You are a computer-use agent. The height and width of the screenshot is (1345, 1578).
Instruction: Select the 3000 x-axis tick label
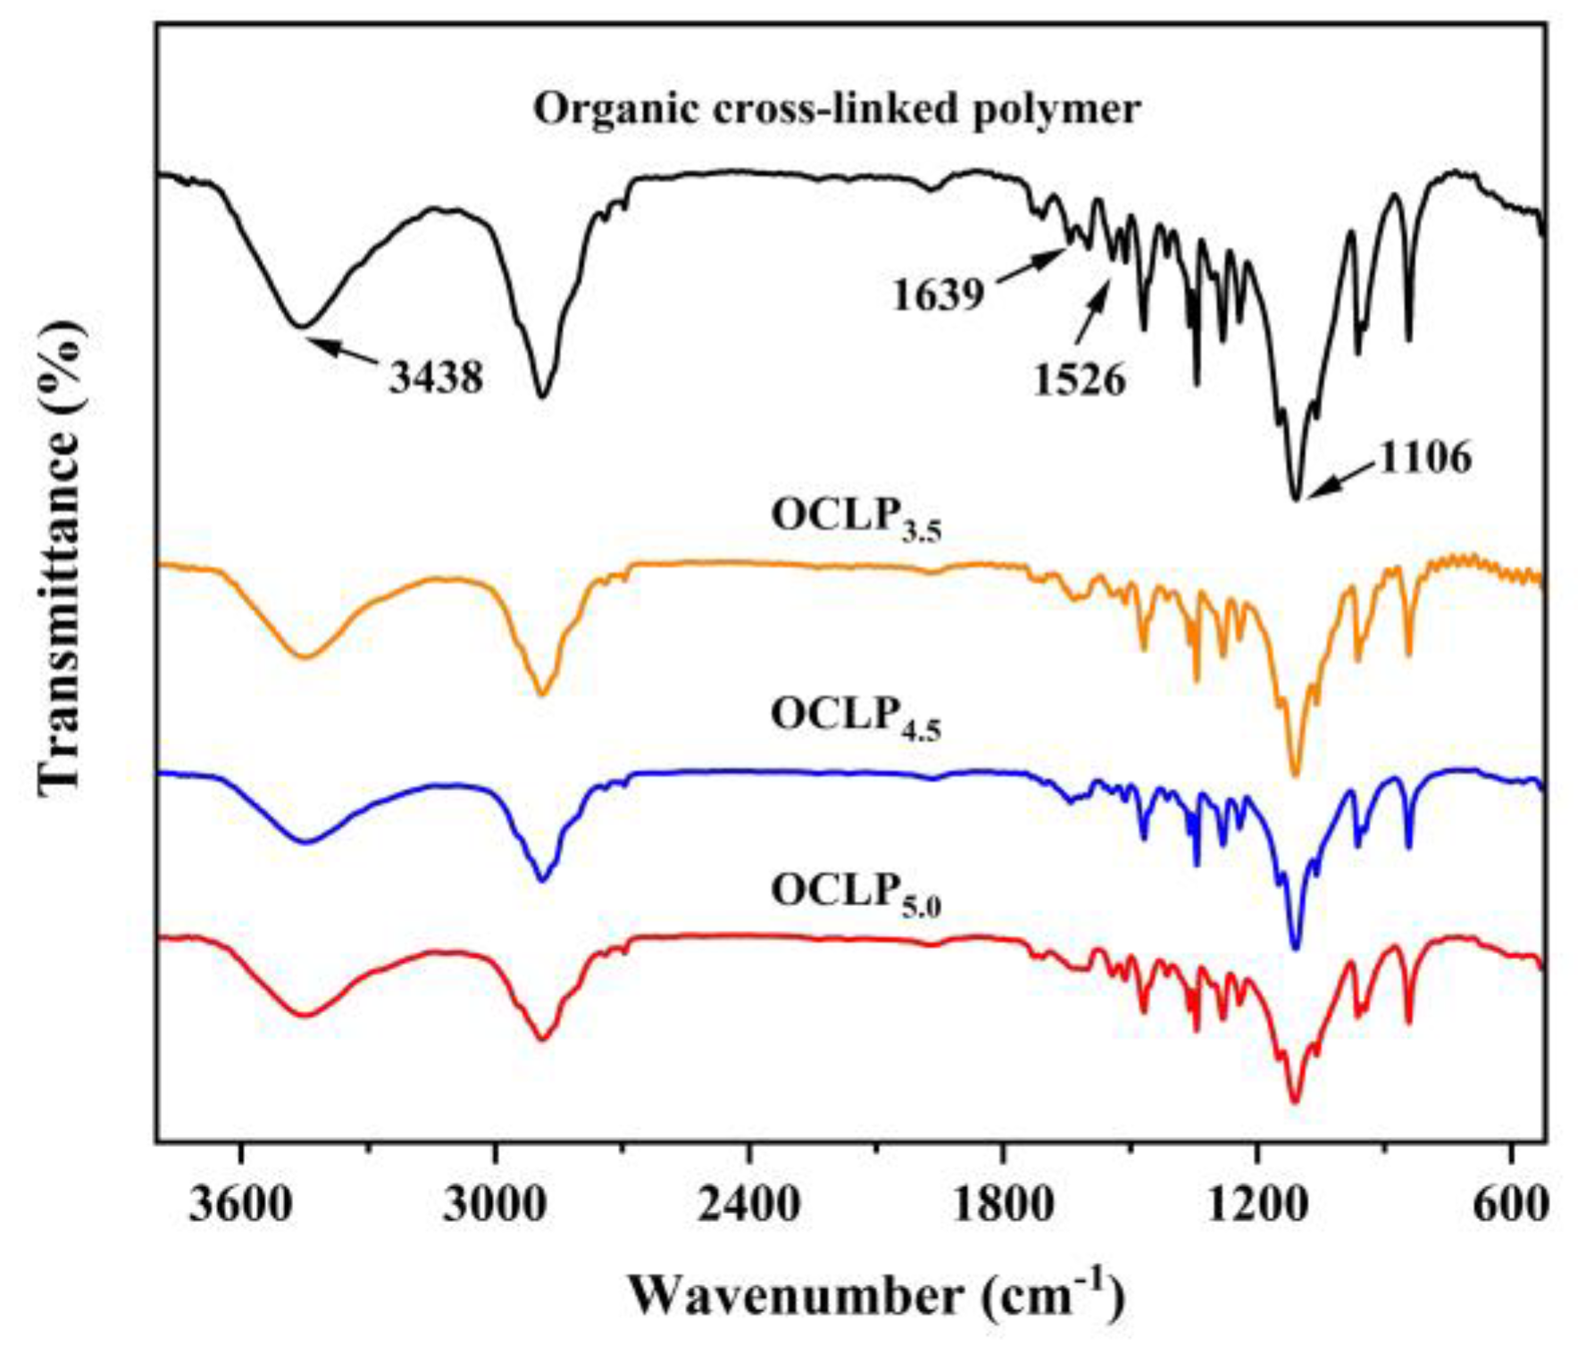pos(494,1207)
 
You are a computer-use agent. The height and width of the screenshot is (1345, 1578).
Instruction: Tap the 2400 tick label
pos(748,1207)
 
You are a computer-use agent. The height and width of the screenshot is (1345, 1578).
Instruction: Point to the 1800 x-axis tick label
pos(1003,1207)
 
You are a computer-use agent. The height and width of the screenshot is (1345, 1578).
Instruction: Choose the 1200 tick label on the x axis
pos(1257,1207)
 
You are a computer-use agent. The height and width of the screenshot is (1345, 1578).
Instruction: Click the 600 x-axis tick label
pos(1511,1207)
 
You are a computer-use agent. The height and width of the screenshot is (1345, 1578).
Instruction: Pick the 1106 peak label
pos(1425,458)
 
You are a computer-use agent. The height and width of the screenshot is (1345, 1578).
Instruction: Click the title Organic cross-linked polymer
pos(837,110)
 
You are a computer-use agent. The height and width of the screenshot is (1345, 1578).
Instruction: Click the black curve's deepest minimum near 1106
pos(1296,499)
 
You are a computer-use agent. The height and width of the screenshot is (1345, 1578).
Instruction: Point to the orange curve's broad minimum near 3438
pos(305,657)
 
